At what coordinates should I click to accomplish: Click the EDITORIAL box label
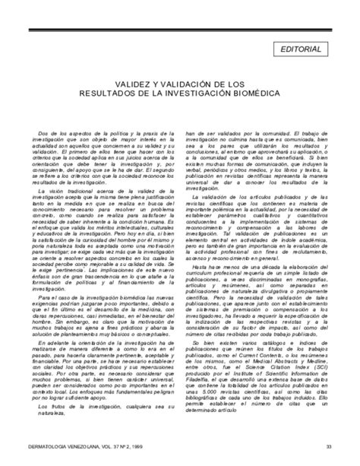click(x=302, y=49)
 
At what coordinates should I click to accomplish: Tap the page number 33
click(x=328, y=445)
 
